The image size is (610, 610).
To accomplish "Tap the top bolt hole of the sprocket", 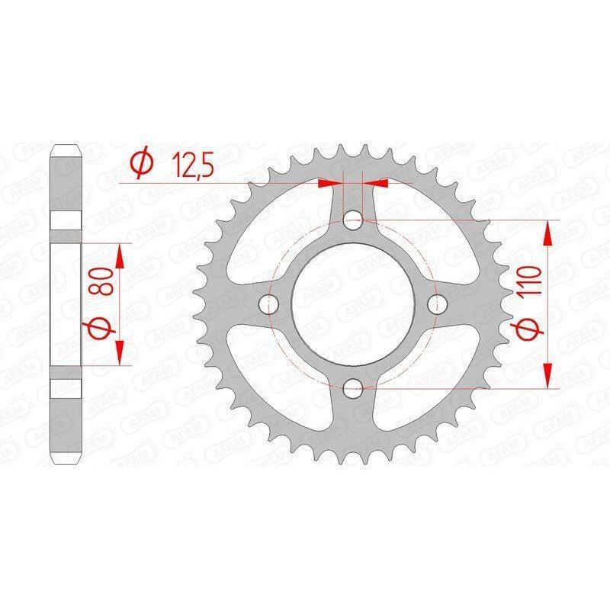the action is click(x=353, y=220).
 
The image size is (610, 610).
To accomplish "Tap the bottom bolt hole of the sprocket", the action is click(x=353, y=388).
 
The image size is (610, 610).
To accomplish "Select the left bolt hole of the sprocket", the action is click(x=269, y=303).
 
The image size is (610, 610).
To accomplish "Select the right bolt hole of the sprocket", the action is click(x=437, y=303).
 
